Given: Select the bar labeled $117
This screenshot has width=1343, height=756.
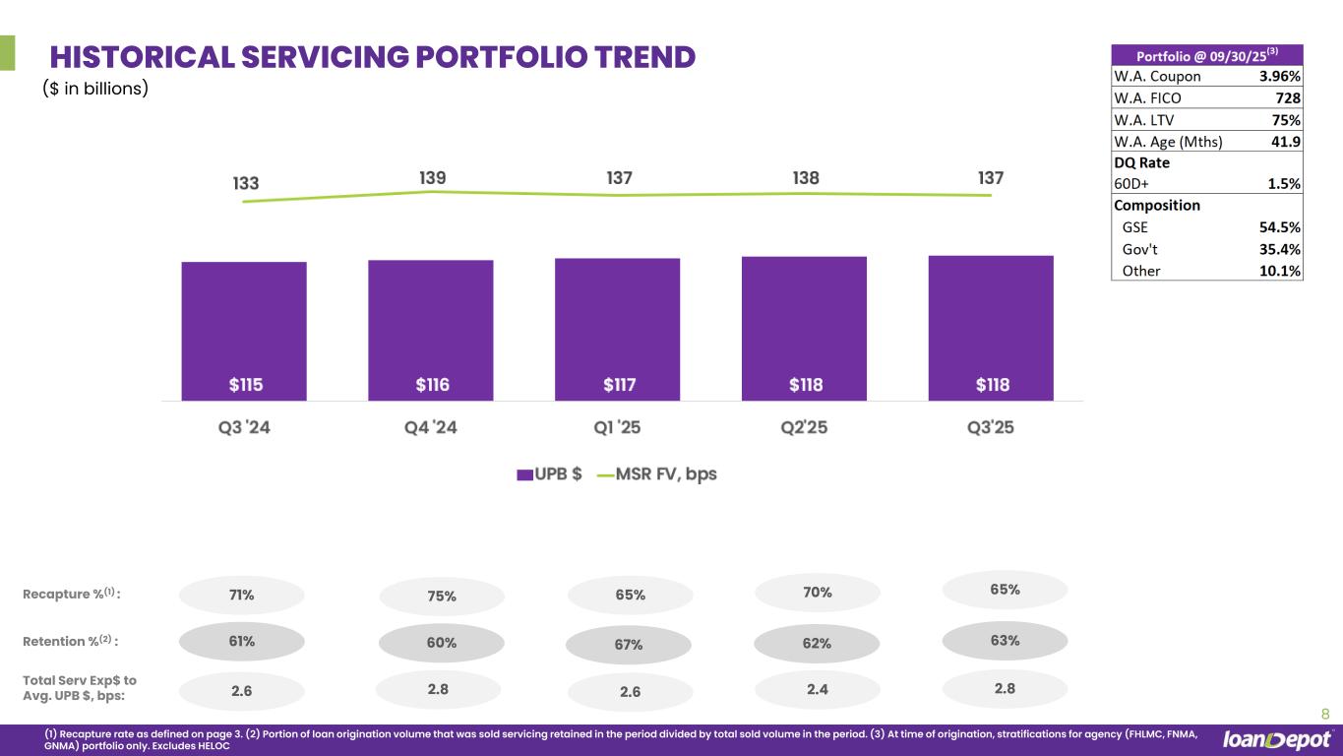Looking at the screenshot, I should point(617,329).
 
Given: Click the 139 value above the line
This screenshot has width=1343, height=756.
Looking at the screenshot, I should point(432,178).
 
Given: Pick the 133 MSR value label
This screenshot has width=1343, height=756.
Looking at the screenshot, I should point(246,183).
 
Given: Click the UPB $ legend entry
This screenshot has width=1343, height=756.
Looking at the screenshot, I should point(550,473).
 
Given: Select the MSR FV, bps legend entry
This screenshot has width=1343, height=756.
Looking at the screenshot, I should point(656,473).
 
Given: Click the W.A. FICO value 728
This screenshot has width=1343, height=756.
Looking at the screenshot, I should point(1288,98).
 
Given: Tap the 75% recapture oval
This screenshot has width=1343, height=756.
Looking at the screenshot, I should point(442,596).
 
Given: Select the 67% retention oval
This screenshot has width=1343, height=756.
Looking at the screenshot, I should point(629,645).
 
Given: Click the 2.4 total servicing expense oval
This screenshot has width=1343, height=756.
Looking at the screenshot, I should point(817,690).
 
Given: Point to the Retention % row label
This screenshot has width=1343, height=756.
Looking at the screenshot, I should point(70,642).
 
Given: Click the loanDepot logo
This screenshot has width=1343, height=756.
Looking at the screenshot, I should point(1277,740).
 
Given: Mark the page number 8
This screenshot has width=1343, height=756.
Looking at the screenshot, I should point(1324,715).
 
